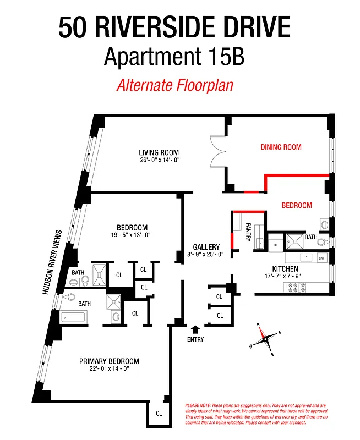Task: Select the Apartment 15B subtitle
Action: (x=174, y=57)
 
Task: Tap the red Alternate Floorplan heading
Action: (x=174, y=86)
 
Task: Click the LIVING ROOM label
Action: (x=159, y=152)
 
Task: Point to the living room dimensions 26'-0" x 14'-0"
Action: (x=159, y=160)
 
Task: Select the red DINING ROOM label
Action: (x=281, y=147)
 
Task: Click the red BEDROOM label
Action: (x=297, y=205)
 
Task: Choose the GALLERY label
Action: (x=206, y=247)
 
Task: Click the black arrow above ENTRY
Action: (x=195, y=329)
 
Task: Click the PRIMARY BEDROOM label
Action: (x=109, y=361)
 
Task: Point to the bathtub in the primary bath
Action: (x=74, y=317)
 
